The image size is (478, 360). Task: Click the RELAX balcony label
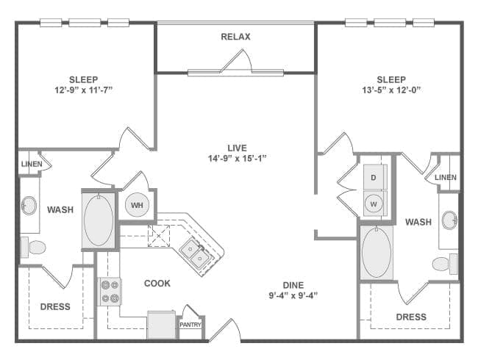[235, 37]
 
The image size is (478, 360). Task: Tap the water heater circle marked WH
[137, 206]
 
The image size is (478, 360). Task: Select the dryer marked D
[374, 178]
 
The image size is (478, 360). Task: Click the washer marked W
[374, 204]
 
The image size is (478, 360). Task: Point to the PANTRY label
[191, 325]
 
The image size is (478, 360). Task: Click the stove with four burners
[110, 291]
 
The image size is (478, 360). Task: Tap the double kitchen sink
[193, 254]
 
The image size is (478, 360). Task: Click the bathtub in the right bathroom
[377, 251]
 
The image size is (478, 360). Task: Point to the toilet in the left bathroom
[32, 246]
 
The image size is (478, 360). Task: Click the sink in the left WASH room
[30, 205]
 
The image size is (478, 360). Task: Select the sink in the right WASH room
[449, 219]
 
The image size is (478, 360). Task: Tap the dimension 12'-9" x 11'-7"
[84, 90]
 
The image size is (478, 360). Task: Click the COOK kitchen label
[157, 284]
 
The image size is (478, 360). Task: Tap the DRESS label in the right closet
[410, 317]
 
